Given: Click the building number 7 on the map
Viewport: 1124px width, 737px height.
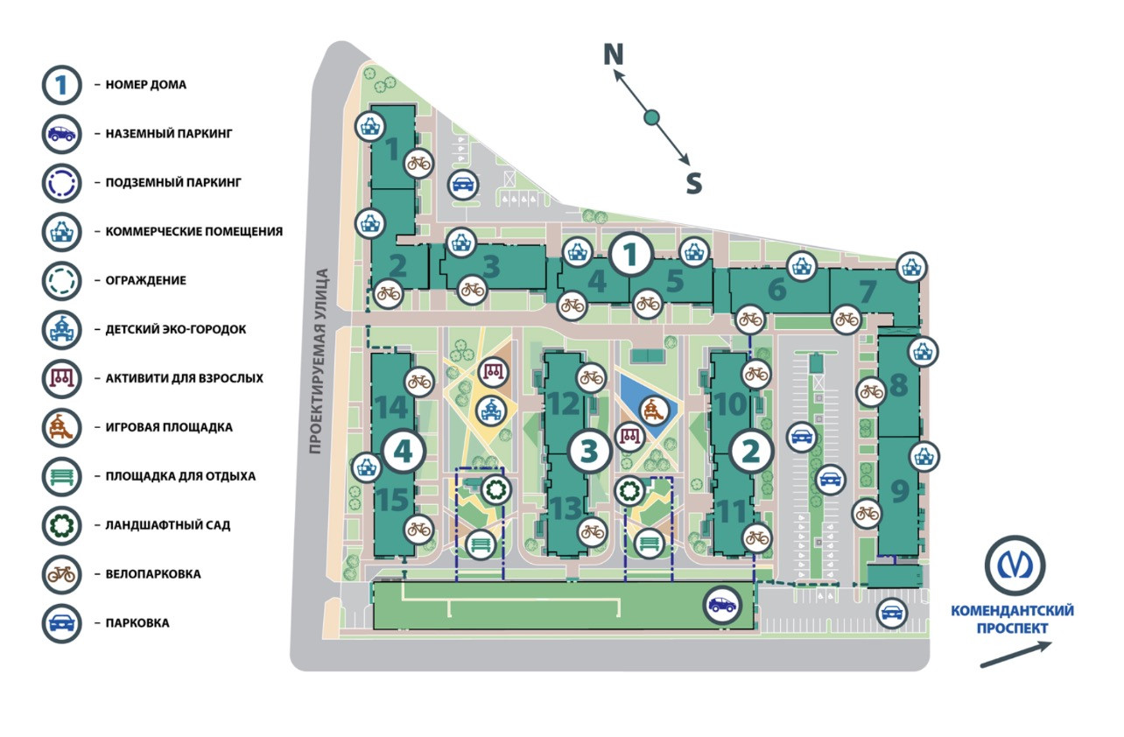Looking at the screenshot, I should (x=868, y=291).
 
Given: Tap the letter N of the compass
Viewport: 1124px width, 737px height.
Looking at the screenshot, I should (x=614, y=55).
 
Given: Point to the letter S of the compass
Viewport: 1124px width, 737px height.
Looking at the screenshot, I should (x=693, y=183).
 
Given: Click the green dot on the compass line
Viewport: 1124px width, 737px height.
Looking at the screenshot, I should (x=651, y=117).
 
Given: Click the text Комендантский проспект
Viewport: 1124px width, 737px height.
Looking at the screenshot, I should (x=1013, y=619).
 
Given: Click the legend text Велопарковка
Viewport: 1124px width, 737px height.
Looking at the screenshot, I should (x=153, y=574).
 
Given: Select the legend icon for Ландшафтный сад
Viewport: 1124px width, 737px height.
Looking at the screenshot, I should (x=61, y=525).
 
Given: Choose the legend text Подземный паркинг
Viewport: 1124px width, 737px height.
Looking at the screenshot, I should (x=172, y=183).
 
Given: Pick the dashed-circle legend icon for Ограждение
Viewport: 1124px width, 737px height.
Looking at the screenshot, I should (x=61, y=281).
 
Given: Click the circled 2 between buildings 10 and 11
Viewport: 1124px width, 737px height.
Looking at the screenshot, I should (x=751, y=451).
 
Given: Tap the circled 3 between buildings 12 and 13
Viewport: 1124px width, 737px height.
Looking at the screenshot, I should (x=589, y=451).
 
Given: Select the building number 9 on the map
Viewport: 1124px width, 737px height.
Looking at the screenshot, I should (x=900, y=491).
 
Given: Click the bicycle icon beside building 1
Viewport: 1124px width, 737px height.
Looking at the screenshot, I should (x=419, y=163).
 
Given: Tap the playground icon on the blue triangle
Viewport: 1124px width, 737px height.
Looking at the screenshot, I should (x=653, y=408).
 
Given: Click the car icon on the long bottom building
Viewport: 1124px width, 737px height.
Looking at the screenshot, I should (x=722, y=604).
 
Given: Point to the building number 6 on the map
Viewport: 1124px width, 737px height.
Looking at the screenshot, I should (x=776, y=290).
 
